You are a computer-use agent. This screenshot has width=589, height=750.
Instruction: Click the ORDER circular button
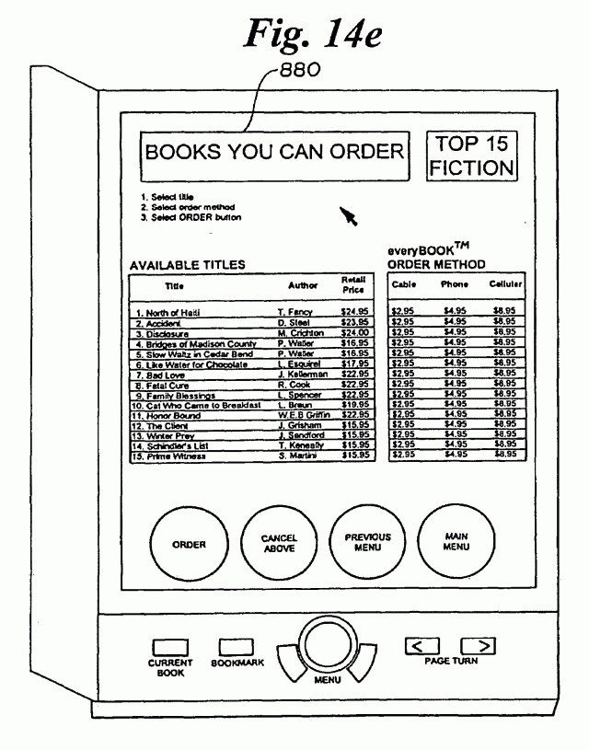tap(189, 544)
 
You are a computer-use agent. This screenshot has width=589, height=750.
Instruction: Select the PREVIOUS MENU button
tap(367, 543)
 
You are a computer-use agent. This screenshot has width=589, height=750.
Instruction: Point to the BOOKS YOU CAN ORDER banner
tap(274, 152)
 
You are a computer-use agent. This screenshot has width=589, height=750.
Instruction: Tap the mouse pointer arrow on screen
tap(349, 216)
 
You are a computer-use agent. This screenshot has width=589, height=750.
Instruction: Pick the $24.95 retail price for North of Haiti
tap(354, 314)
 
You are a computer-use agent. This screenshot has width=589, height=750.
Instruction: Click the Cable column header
tap(404, 285)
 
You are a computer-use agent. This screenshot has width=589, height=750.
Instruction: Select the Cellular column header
tap(505, 285)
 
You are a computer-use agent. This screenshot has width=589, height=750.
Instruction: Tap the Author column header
tap(303, 286)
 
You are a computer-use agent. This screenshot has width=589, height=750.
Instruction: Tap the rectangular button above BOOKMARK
tap(236, 649)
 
